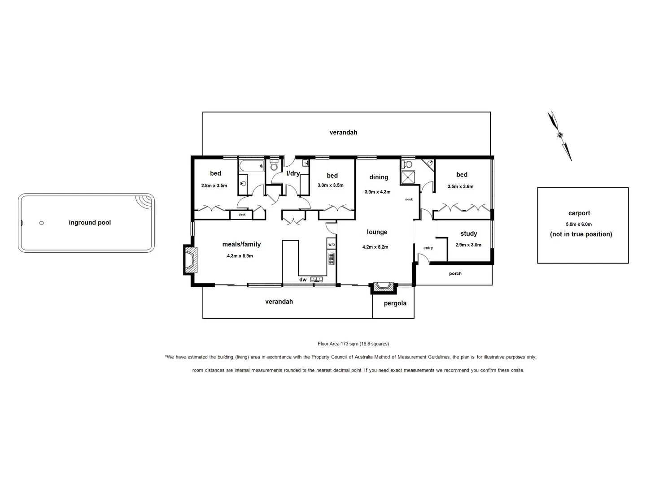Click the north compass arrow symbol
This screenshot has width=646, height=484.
559,135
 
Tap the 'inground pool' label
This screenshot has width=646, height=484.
90,223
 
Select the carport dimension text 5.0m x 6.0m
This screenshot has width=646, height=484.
579,224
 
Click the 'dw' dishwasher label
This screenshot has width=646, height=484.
303,280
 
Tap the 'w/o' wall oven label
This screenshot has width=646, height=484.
332,245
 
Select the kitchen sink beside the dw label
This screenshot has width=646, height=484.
317,279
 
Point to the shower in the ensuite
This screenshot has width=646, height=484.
408,177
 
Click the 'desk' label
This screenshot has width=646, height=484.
242,215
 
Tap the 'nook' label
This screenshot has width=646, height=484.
409,199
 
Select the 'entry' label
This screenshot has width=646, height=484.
428,248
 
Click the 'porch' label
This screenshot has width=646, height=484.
455,274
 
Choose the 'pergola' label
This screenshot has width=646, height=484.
395,303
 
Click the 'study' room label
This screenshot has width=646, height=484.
468,233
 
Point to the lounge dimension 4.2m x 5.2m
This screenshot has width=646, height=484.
375,247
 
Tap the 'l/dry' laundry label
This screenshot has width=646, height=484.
293,173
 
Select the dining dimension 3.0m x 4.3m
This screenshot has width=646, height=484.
377,192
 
